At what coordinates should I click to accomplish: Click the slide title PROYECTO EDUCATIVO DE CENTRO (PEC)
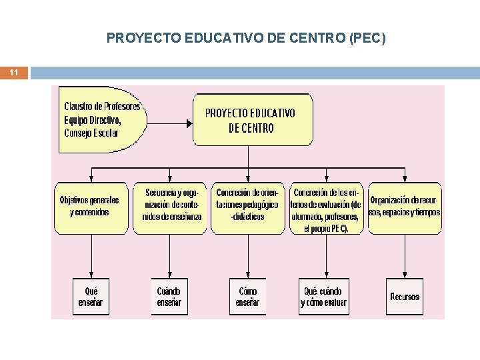point(246,39)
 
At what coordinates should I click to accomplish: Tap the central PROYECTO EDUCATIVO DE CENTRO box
point(251,121)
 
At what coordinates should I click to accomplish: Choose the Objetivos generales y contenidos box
point(90,207)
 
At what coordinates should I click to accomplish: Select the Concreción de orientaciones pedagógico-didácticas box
point(247,207)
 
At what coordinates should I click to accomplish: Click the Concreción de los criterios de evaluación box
point(326,207)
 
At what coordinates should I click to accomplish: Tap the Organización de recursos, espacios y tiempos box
point(405,207)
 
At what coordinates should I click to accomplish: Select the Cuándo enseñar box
point(169,297)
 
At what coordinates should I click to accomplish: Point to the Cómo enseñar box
point(247,297)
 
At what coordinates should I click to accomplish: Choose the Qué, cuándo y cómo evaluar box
point(325,297)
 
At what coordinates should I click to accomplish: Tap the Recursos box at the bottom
point(405,297)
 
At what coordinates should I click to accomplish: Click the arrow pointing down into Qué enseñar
point(91,257)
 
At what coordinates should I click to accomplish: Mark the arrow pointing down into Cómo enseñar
point(248,257)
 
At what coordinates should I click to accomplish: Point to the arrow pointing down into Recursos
point(405,257)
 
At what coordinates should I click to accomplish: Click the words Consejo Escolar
point(91,133)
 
